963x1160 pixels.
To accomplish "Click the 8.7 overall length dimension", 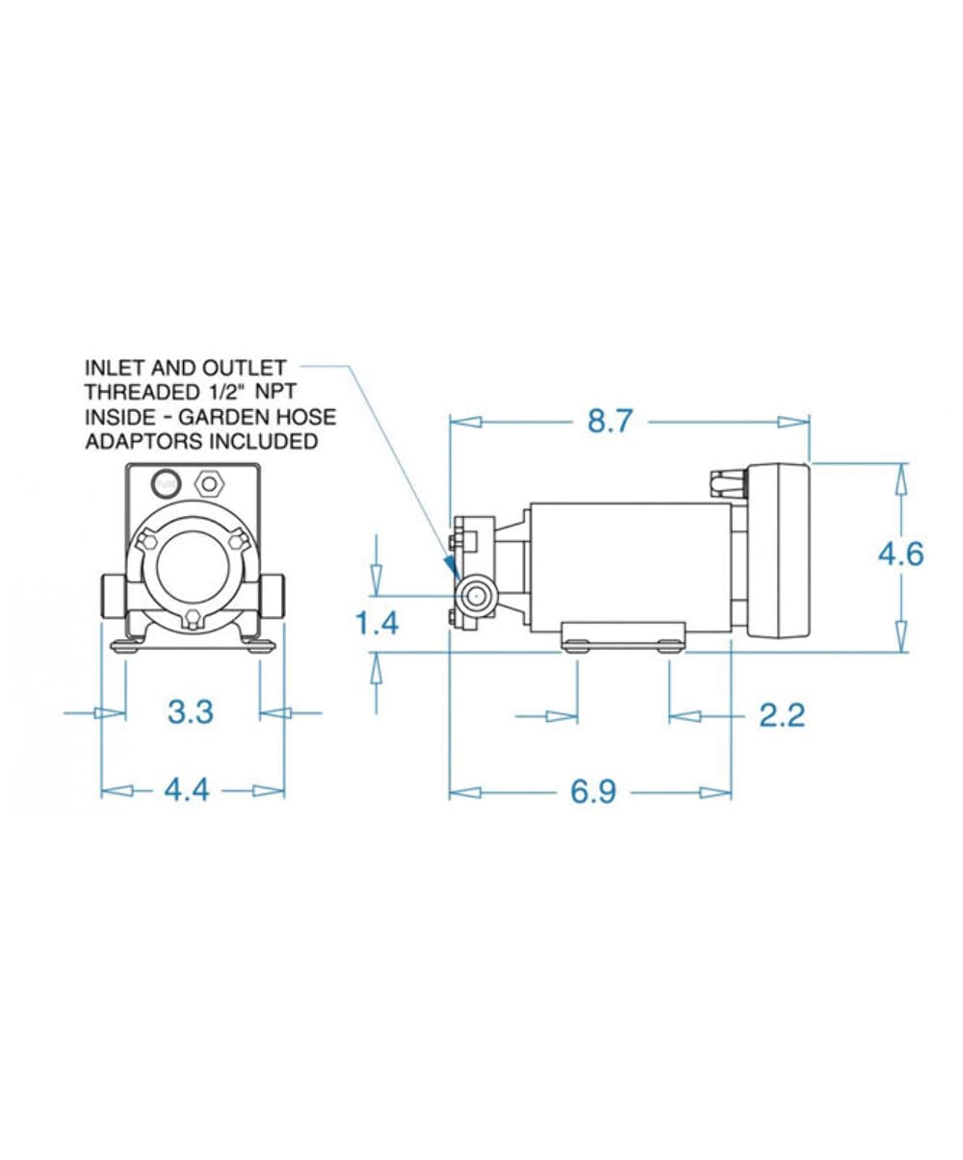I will click(610, 422).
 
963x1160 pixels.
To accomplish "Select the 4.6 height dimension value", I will click(900, 554).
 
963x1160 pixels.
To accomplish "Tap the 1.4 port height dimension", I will click(377, 624).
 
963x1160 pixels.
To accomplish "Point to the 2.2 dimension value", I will click(781, 715).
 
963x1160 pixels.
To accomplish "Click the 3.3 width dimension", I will click(190, 712).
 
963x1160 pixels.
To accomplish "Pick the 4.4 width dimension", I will click(186, 790).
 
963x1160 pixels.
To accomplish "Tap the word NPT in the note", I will click(263, 393).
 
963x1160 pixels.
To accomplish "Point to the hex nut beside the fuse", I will click(206, 481).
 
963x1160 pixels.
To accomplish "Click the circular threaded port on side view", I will click(476, 595).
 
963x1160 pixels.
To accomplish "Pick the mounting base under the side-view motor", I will click(624, 634).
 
